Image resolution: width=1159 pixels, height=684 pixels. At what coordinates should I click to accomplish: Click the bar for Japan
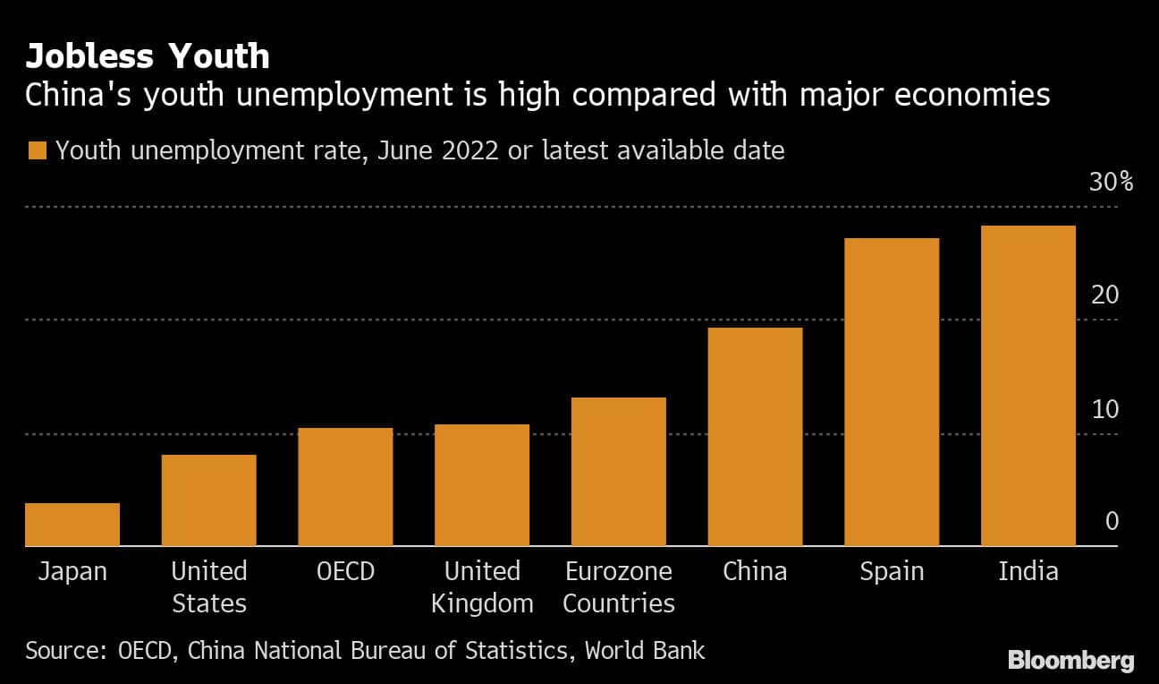coord(72,525)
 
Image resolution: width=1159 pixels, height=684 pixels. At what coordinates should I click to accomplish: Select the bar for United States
coord(209,500)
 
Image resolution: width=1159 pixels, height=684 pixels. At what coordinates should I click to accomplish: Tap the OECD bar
coord(345,487)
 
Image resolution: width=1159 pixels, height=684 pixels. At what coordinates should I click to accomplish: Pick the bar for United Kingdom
coord(482,485)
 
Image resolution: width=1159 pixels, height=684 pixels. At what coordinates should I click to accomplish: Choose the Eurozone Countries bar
coord(619,472)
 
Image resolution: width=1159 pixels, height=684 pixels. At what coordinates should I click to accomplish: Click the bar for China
coord(756,437)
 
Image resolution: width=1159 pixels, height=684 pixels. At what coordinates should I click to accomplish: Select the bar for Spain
coord(892,392)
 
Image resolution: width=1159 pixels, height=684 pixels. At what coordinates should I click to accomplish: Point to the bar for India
coord(1028,386)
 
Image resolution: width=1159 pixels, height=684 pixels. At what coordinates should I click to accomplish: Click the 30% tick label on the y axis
coord(1111,183)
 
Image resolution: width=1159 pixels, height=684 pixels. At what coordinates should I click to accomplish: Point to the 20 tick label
coord(1105,295)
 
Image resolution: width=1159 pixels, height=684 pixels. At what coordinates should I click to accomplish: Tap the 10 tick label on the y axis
coord(1105,409)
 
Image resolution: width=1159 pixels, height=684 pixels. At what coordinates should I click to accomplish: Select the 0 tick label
coord(1112,522)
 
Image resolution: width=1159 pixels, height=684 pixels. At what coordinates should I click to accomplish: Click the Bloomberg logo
coord(1070,662)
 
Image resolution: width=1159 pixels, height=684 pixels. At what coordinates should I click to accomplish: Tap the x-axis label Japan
coord(72,571)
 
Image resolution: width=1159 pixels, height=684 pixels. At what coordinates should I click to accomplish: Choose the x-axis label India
coord(1028,571)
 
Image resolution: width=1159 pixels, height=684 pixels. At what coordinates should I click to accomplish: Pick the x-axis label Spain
coord(891,572)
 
